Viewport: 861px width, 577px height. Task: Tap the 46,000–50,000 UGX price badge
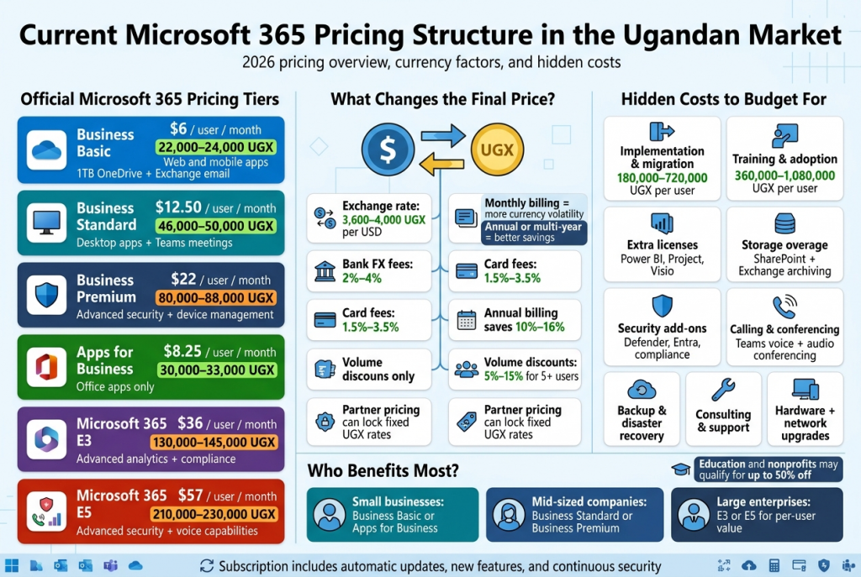[x=216, y=225]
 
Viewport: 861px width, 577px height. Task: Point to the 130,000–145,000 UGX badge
[x=214, y=442]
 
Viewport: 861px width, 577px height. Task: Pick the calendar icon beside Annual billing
[x=467, y=319]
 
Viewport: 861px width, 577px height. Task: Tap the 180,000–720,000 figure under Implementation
[x=662, y=177]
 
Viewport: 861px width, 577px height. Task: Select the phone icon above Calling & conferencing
[x=784, y=307]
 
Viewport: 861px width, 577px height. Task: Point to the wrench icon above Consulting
[x=722, y=390]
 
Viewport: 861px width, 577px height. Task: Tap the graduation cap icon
[x=681, y=469]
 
